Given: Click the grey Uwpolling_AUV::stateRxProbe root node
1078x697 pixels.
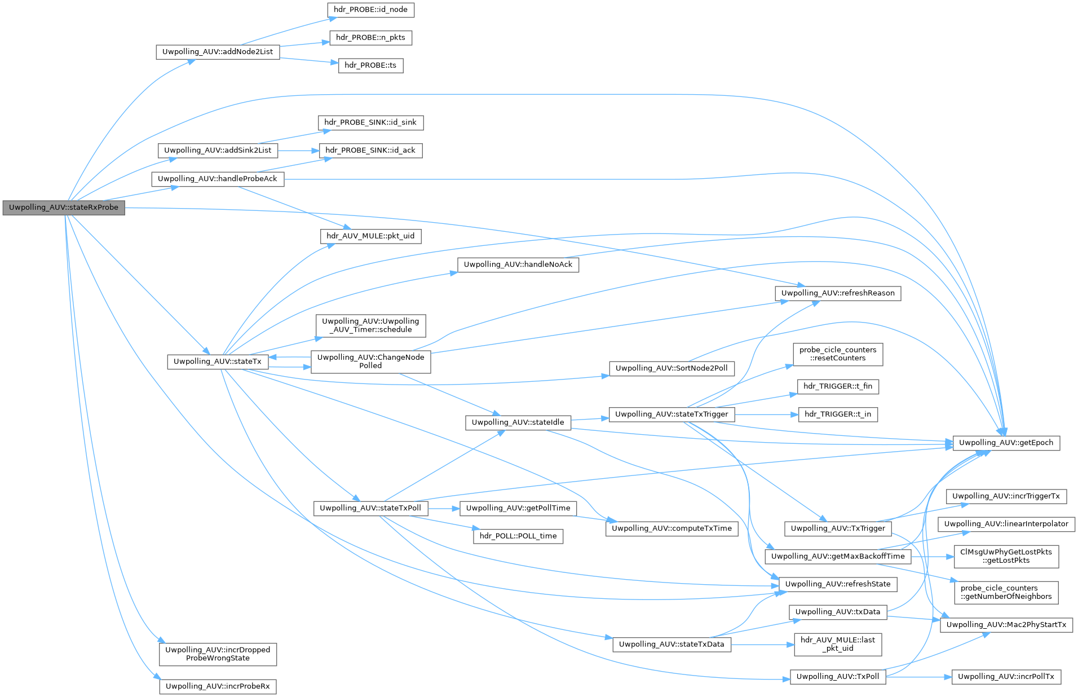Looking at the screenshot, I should [64, 208].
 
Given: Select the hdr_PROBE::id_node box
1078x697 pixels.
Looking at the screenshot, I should [370, 10].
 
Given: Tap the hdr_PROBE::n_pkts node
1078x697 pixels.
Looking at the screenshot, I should [370, 38].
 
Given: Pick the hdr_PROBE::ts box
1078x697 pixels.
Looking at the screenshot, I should [370, 65].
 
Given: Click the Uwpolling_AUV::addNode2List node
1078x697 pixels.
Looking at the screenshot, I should [218, 52].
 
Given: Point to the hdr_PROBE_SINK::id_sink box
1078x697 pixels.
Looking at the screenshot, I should [370, 122].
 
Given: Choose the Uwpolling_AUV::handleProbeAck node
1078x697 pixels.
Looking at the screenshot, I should [218, 179].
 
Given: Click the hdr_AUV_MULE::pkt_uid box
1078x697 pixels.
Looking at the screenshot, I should [370, 236].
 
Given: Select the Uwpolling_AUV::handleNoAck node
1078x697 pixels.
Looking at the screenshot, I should [518, 264].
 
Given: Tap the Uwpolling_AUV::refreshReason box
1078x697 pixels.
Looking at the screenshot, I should [838, 293].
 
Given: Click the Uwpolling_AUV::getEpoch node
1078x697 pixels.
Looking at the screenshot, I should [1006, 443].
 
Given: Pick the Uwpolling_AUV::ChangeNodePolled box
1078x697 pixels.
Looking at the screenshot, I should [370, 361].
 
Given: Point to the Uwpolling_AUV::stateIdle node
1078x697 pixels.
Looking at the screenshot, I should [518, 422].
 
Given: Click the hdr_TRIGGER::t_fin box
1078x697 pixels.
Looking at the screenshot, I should [838, 386].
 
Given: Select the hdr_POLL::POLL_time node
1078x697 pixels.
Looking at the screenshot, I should [518, 536].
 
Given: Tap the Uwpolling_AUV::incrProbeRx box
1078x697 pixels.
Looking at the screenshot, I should [218, 686].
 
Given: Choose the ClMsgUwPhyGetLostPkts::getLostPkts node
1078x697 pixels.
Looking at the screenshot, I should [1006, 556].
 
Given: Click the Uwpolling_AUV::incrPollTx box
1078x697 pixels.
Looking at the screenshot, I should [1006, 677].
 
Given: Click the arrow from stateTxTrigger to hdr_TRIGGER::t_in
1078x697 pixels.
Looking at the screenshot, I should [767, 414].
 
